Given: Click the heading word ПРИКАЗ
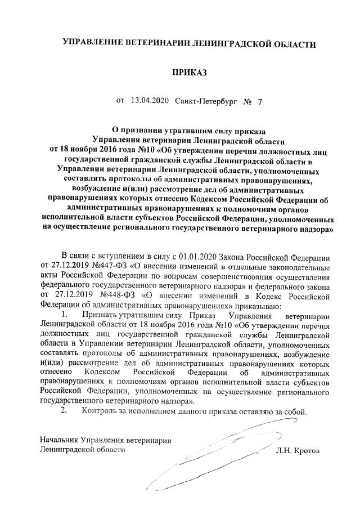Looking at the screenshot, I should pos(190,73).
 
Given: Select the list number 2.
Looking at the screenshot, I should pos(65,410).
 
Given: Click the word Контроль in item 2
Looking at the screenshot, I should pos(99,410).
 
